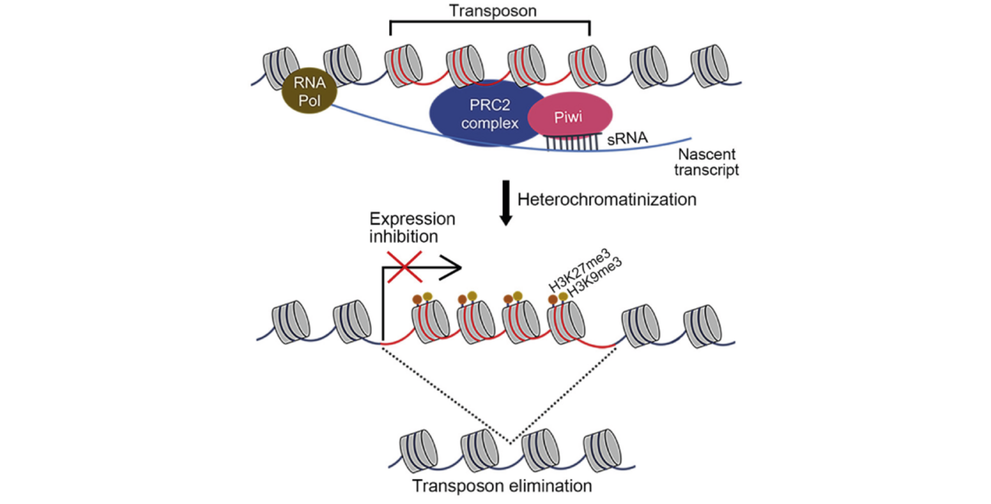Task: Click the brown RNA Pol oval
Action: tap(309, 91)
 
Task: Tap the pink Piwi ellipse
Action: tap(570, 116)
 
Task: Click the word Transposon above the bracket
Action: tap(493, 11)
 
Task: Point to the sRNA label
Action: tap(627, 138)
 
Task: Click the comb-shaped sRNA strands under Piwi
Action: tap(571, 142)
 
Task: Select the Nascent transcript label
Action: tap(706, 162)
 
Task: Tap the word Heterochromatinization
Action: tap(606, 199)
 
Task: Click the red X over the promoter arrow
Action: tap(405, 267)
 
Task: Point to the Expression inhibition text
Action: tap(412, 227)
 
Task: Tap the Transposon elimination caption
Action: tap(501, 486)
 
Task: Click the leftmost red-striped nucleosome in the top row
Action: tap(403, 66)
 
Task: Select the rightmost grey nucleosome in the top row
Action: tap(710, 66)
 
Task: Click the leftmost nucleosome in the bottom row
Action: tap(418, 451)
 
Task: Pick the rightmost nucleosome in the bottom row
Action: tap(602, 451)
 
